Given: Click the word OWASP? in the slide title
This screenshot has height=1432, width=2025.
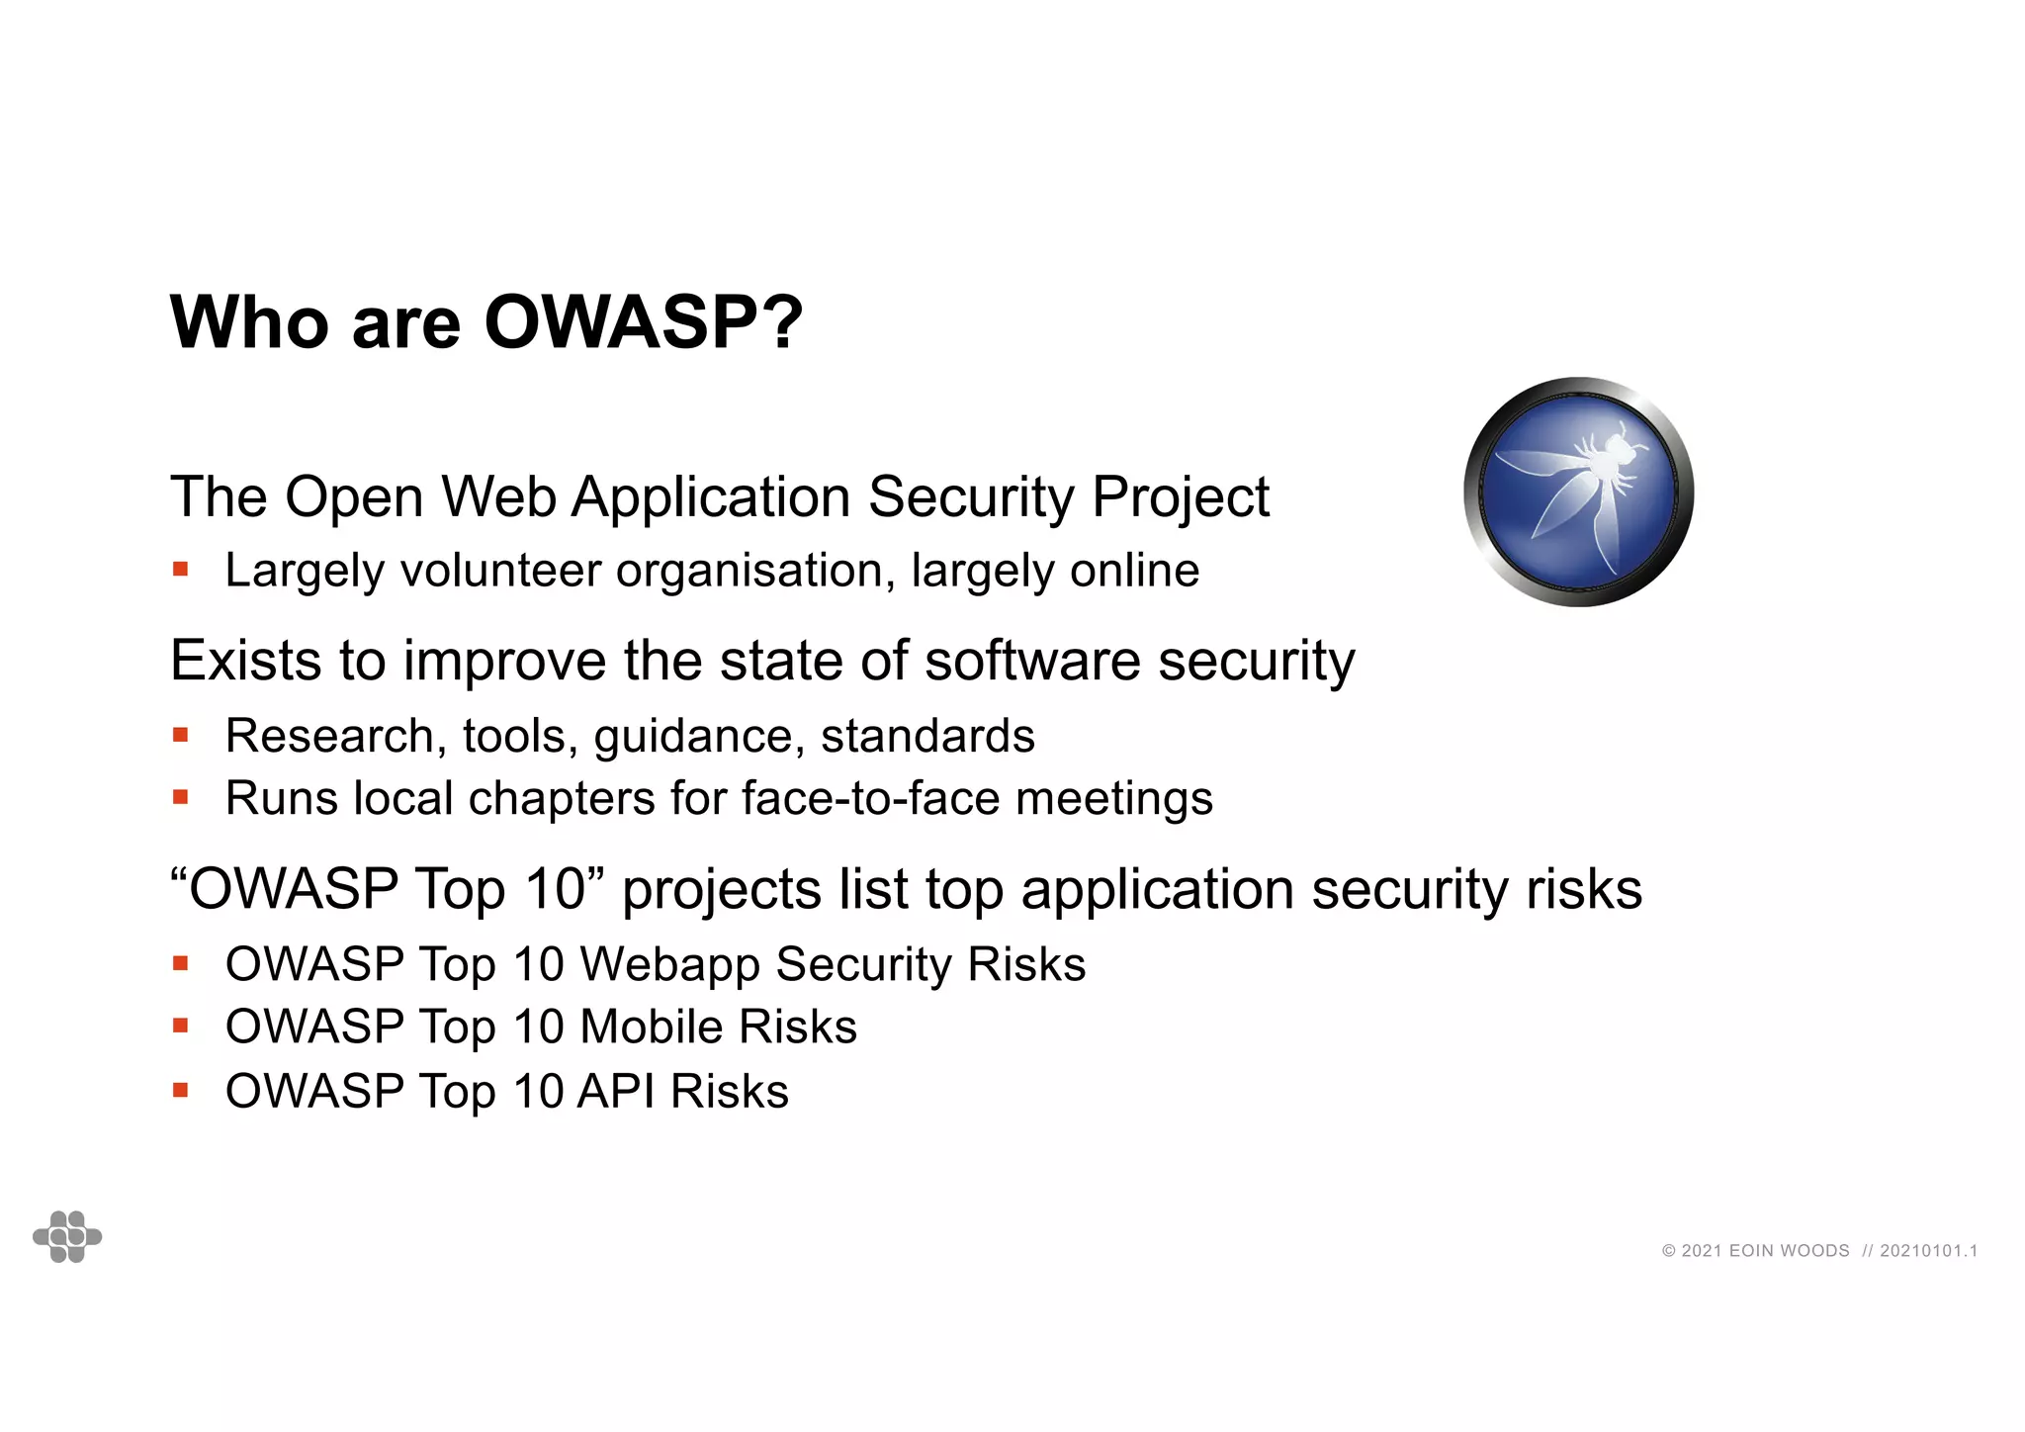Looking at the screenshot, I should pyautogui.click(x=644, y=323).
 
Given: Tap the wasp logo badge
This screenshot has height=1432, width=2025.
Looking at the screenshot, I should pyautogui.click(x=1578, y=492).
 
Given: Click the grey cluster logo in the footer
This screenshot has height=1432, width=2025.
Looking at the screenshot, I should pyautogui.click(x=67, y=1236).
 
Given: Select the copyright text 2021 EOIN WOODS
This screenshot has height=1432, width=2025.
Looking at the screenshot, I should pyautogui.click(x=1756, y=1251).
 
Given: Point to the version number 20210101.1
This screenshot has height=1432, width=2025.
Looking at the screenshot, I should pyautogui.click(x=1928, y=1251).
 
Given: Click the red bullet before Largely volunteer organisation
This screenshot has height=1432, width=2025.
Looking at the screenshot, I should pyautogui.click(x=180, y=570).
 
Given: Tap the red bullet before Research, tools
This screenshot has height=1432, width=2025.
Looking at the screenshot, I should pyautogui.click(x=180, y=735).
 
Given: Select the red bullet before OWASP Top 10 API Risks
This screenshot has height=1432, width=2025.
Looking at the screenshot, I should pyautogui.click(x=180, y=1091).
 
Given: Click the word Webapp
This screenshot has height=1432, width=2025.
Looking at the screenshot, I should pyautogui.click(x=669, y=965).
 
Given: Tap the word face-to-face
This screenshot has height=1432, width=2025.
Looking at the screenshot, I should pyautogui.click(x=870, y=798).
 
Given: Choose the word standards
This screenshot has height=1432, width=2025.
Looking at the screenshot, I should pyautogui.click(x=927, y=736).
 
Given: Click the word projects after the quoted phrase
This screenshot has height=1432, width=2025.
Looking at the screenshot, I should pyautogui.click(x=721, y=890).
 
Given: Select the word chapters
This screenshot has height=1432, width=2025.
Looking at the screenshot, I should pyautogui.click(x=561, y=798).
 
